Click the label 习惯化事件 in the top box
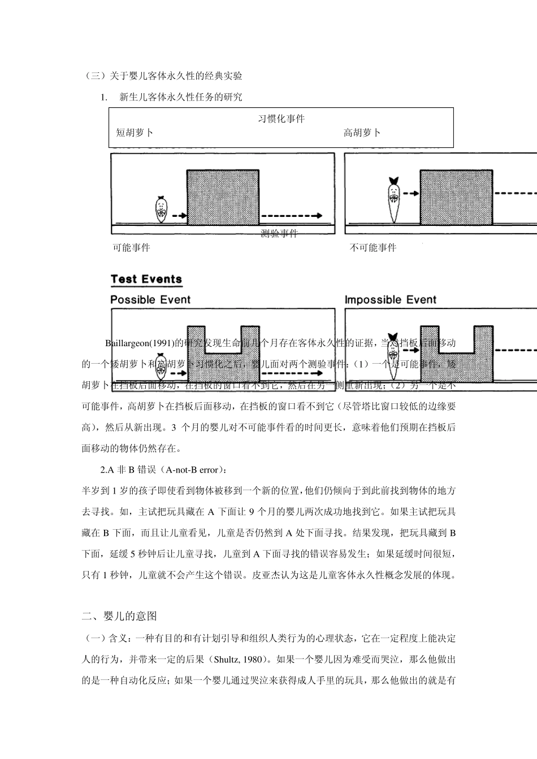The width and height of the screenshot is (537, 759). pos(281,119)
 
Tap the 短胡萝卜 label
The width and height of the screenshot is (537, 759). pos(135,133)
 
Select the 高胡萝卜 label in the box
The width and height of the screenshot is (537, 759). pos(362,133)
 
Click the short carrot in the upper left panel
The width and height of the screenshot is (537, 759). pos(161,209)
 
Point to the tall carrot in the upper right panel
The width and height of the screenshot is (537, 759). pos(394,199)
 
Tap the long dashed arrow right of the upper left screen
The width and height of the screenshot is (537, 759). pos(292,216)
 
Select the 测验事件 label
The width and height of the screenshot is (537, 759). pos(279,234)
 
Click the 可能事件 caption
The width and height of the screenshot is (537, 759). pos(131,247)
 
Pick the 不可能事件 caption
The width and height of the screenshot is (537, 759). pos(373,247)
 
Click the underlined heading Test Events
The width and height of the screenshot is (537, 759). pos(146,279)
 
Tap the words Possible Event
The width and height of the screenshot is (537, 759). pos(150,299)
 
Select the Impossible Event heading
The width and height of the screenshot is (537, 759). pos(391,299)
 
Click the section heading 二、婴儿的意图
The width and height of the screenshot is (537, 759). pos(119,616)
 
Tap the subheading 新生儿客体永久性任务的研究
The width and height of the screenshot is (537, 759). pos(181,97)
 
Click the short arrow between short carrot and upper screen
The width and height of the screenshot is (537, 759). pos(179,216)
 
